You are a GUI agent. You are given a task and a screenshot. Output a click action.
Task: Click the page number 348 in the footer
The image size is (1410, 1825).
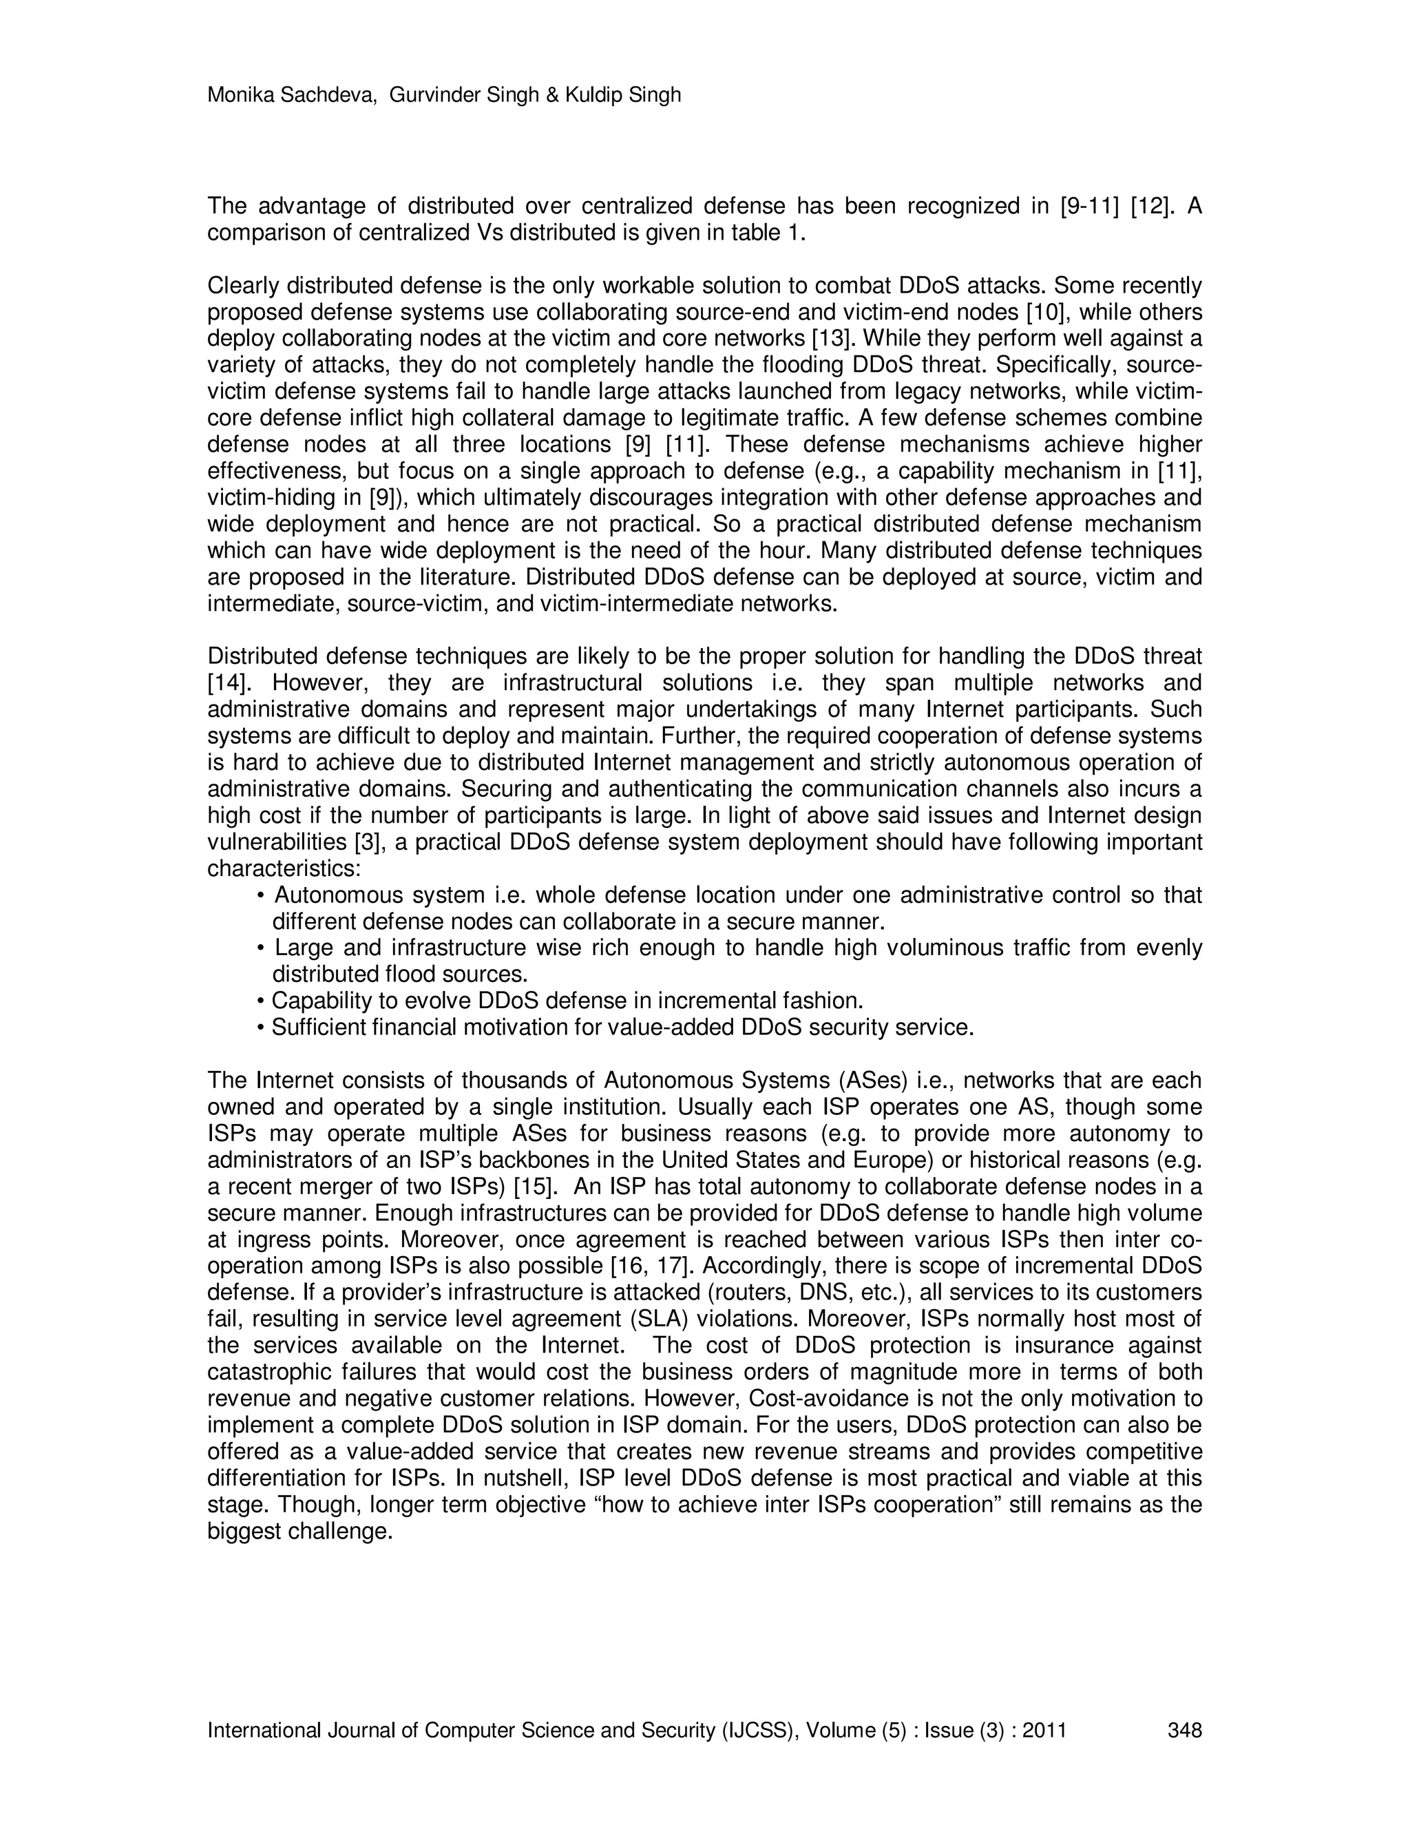1183,1730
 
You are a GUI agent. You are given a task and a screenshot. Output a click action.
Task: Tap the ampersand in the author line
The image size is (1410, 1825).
551,95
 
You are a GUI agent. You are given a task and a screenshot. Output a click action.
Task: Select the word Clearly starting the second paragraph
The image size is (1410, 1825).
243,286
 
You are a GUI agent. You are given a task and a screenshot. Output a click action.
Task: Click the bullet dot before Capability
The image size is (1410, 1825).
261,1001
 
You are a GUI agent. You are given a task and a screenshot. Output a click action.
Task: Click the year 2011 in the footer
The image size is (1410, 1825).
1044,1730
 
